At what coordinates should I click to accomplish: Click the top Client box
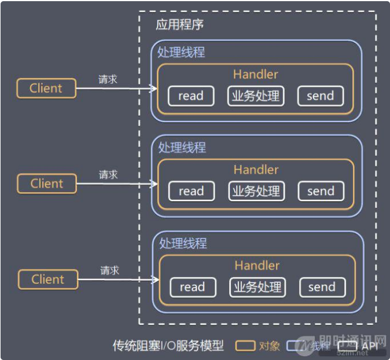point(46,89)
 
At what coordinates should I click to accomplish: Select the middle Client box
point(47,183)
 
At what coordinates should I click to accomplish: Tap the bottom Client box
point(48,280)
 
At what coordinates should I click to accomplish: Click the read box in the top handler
point(191,96)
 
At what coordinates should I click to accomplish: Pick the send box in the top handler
point(321,96)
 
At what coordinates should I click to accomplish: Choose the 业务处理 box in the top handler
point(255,96)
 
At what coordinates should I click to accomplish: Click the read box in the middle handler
point(192,191)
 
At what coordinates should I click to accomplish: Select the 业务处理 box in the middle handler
point(256,191)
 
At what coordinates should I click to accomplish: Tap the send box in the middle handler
point(321,191)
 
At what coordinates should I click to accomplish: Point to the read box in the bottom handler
point(193,287)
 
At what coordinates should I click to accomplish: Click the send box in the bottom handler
point(322,287)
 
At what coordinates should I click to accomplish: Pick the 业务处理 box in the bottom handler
point(257,287)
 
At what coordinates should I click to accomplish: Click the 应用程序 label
point(179,25)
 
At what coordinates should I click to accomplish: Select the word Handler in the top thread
point(256,74)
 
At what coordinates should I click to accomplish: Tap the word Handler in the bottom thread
point(257,266)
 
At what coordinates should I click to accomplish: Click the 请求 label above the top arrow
point(108,79)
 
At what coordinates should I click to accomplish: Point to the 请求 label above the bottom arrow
point(109,270)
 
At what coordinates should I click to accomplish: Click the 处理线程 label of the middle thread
point(182,148)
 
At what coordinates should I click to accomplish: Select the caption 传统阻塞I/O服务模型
point(168,346)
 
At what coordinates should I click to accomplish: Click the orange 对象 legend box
point(246,346)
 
